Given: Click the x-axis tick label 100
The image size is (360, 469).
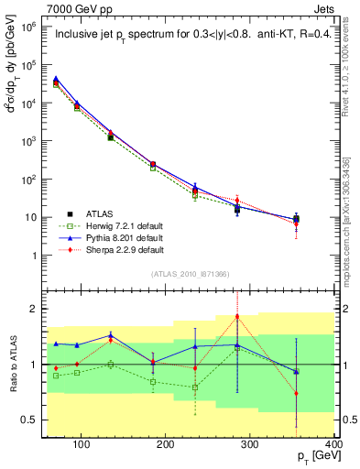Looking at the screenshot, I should pyautogui.click(x=82, y=446).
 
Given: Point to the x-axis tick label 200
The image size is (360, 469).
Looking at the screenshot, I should pyautogui.click(x=166, y=446).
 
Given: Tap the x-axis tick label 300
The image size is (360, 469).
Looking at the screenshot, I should pyautogui.click(x=250, y=446).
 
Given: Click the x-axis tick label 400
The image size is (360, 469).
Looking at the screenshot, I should pyautogui.click(x=333, y=446).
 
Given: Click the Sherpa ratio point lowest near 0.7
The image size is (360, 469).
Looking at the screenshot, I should pyautogui.click(x=321, y=394).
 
